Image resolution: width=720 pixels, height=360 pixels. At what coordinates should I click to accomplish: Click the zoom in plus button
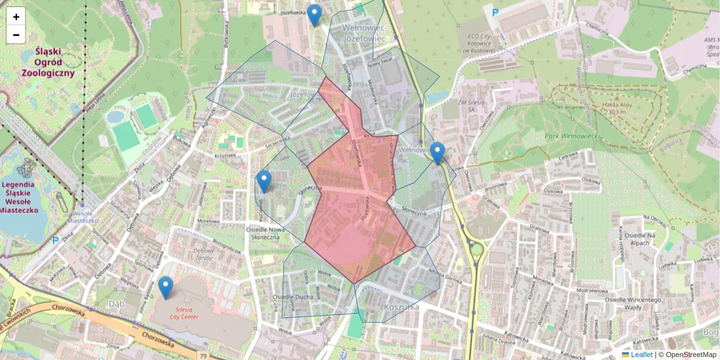(16, 16)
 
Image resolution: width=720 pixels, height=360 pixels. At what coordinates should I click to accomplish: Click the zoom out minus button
(16, 35)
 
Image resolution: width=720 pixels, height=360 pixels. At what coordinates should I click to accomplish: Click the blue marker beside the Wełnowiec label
(437, 153)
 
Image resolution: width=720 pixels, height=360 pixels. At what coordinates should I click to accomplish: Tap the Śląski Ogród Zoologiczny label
(48, 63)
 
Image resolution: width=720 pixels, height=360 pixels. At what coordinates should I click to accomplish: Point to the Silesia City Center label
(184, 312)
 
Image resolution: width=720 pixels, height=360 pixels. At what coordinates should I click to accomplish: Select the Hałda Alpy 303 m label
(614, 107)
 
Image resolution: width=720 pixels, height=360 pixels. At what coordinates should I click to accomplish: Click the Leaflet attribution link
(641, 355)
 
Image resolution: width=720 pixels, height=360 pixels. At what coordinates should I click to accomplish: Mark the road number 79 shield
(203, 356)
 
